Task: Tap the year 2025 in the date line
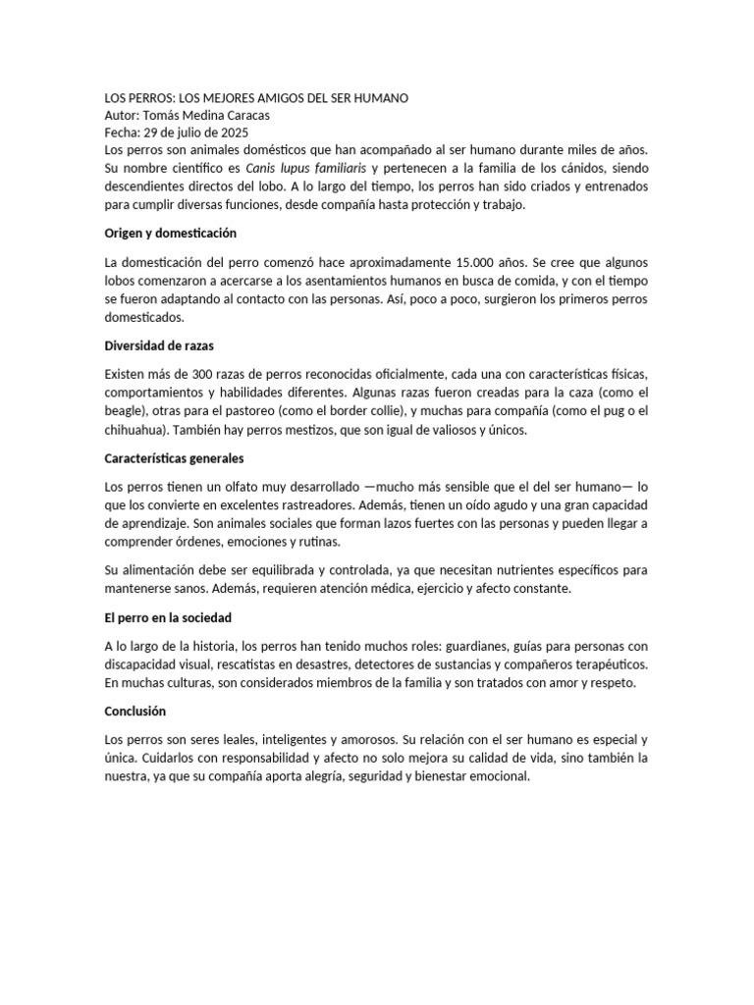(x=235, y=132)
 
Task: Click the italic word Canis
(x=263, y=168)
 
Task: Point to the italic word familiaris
(x=335, y=168)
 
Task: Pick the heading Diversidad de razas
(x=159, y=345)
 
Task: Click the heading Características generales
(x=175, y=457)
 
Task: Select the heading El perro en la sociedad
(x=168, y=617)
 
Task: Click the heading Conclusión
(x=135, y=711)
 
